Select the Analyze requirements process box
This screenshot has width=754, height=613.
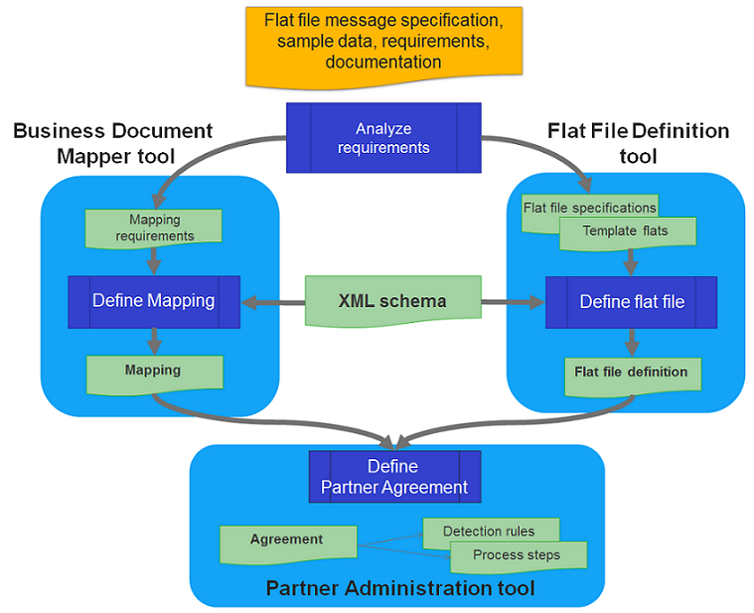(x=383, y=138)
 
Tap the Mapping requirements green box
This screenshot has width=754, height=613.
(x=154, y=228)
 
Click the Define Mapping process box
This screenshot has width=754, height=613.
(x=153, y=301)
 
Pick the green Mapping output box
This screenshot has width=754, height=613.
(x=154, y=372)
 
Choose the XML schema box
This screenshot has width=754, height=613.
(x=391, y=301)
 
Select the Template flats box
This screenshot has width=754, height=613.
(x=627, y=232)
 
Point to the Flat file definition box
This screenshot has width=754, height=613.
(x=632, y=373)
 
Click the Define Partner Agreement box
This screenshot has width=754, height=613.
(x=394, y=477)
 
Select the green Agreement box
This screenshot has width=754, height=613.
(x=287, y=541)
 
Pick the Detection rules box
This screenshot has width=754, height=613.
(x=491, y=531)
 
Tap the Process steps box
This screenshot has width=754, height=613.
(x=518, y=556)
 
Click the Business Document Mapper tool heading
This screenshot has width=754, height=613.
(x=113, y=143)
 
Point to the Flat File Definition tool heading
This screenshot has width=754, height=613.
(x=638, y=143)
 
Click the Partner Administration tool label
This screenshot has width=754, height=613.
(x=399, y=589)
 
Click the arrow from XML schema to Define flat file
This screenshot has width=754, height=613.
(x=514, y=301)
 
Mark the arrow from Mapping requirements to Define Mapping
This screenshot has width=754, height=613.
(x=154, y=260)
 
